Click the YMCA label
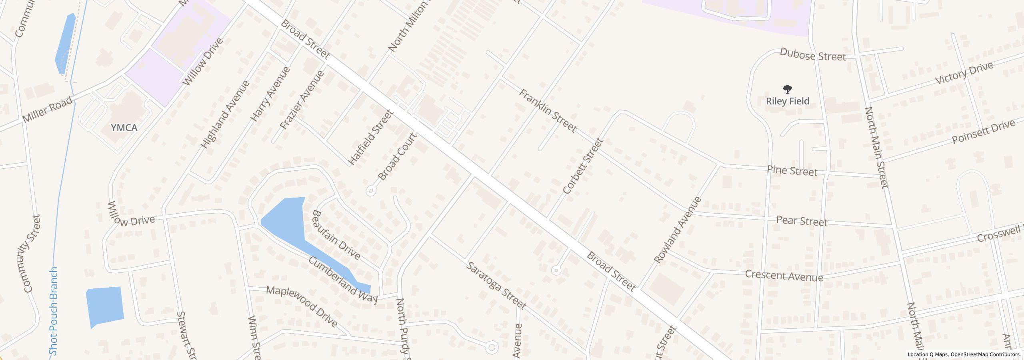124,128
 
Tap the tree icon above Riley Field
787,89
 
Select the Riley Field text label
787,101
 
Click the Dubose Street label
813,55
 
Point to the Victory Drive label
964,73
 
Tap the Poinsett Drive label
983,132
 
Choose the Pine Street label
792,171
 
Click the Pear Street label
801,221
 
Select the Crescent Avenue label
784,276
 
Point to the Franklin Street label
548,111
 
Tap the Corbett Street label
582,166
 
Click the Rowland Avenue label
678,230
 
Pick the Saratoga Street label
496,285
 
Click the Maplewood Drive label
302,306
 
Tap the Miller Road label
48,110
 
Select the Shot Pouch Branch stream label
54,311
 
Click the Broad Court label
397,157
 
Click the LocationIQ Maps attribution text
964,354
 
